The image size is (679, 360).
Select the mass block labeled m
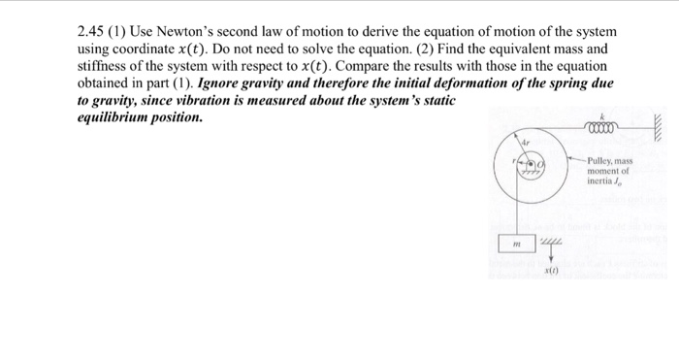point(518,245)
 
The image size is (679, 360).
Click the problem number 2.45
point(92,32)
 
